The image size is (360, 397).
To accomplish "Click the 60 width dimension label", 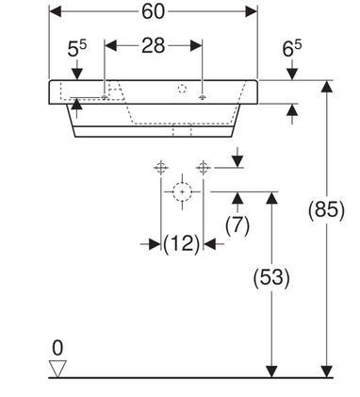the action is (153, 11).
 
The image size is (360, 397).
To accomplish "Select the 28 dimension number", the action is (153, 45).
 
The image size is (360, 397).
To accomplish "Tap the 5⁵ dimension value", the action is (76, 49).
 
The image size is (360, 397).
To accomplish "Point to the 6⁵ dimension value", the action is (292, 49).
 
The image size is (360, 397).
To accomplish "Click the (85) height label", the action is (326, 209).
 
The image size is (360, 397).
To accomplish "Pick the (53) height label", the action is (271, 277).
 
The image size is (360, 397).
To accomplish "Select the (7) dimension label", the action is (237, 225).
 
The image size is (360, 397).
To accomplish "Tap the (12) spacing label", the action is (182, 243).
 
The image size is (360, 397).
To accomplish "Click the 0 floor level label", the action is (57, 348).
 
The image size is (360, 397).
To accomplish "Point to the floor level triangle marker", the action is (57, 368).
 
